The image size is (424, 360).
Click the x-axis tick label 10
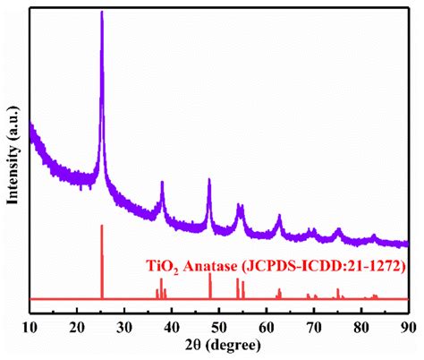pyautogui.click(x=30, y=325)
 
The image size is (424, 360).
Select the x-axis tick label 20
pyautogui.click(x=77, y=325)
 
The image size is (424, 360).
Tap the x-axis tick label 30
pyautogui.click(x=124, y=325)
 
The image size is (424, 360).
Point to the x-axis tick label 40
pyautogui.click(x=172, y=325)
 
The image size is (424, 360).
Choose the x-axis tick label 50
pyautogui.click(x=219, y=325)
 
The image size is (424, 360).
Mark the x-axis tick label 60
pyautogui.click(x=267, y=325)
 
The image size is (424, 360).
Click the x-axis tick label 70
pyautogui.click(x=314, y=325)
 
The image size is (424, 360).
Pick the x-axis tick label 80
pyautogui.click(x=361, y=325)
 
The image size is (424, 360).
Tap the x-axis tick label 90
pyautogui.click(x=408, y=325)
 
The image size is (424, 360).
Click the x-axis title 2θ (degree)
pyautogui.click(x=219, y=346)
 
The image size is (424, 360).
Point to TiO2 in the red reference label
pyautogui.click(x=163, y=267)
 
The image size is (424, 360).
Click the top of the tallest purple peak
pyautogui.click(x=102, y=13)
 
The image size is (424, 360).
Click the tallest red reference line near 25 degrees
pyautogui.click(x=102, y=260)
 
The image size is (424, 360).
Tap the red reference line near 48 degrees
pyautogui.click(x=210, y=286)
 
